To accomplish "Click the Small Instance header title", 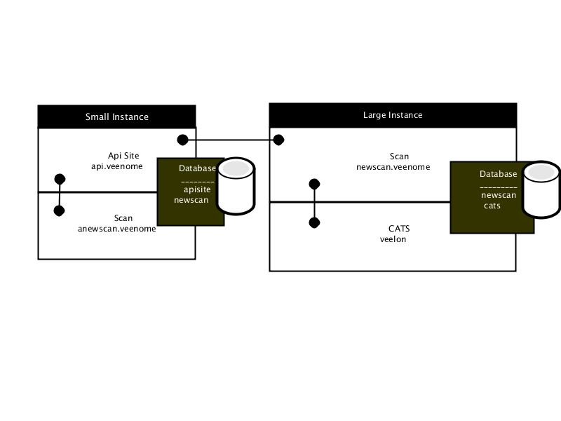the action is coord(116,117).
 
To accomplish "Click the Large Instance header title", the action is coord(393,115).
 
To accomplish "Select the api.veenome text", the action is coord(116,166).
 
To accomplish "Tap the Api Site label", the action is coord(123,156).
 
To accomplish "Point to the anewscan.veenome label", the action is coord(116,229).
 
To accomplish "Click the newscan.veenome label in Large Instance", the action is coord(393,167).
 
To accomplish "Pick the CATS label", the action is coord(399,229).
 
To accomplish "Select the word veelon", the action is coord(393,239).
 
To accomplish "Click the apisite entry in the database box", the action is coord(197,189).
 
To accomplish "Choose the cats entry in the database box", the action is coord(492,206).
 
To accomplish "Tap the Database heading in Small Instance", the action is coord(197,168).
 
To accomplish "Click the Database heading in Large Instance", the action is coord(498,174).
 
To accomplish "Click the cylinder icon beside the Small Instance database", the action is coord(236,186).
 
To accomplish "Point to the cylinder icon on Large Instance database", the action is coord(541,189).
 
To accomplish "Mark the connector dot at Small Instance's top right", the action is coord(182,140).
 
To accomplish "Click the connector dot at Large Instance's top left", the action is coord(278,140).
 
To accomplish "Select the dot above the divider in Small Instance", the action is coord(60,179).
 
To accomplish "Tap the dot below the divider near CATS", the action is coord(314,222).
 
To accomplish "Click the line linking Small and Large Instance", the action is coord(231,140).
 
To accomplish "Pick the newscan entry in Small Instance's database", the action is coord(191,200).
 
